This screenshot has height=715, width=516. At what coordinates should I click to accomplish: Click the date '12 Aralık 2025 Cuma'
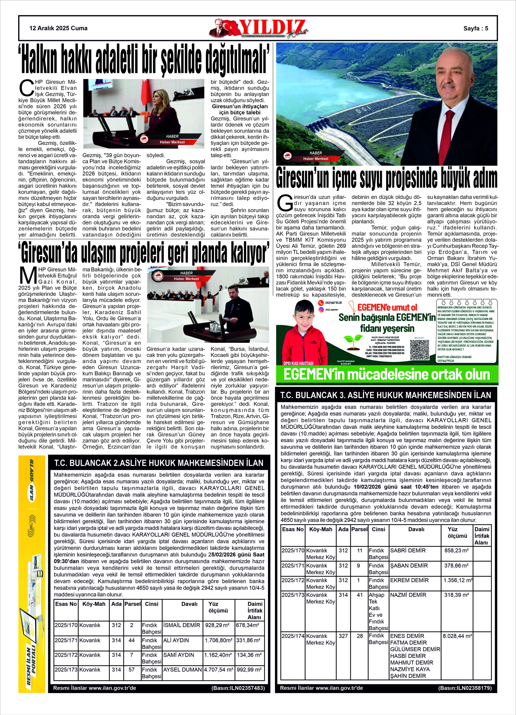pyautogui.click(x=58, y=28)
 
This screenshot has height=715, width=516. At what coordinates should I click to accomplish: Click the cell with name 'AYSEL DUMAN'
pyautogui.click(x=182, y=670)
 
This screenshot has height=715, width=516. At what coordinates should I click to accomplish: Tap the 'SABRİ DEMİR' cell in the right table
pyautogui.click(x=408, y=551)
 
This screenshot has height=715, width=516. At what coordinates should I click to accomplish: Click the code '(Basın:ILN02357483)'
pyautogui.click(x=238, y=688)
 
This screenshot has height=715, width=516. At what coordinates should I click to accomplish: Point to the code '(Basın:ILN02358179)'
pyautogui.click(x=465, y=688)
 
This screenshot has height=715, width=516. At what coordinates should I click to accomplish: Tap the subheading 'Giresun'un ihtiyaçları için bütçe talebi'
pyautogui.click(x=240, y=109)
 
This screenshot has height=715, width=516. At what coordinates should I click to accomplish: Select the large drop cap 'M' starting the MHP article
pyautogui.click(x=26, y=275)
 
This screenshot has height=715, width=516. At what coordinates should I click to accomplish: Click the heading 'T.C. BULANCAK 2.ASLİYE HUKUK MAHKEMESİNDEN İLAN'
pyautogui.click(x=159, y=463)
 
